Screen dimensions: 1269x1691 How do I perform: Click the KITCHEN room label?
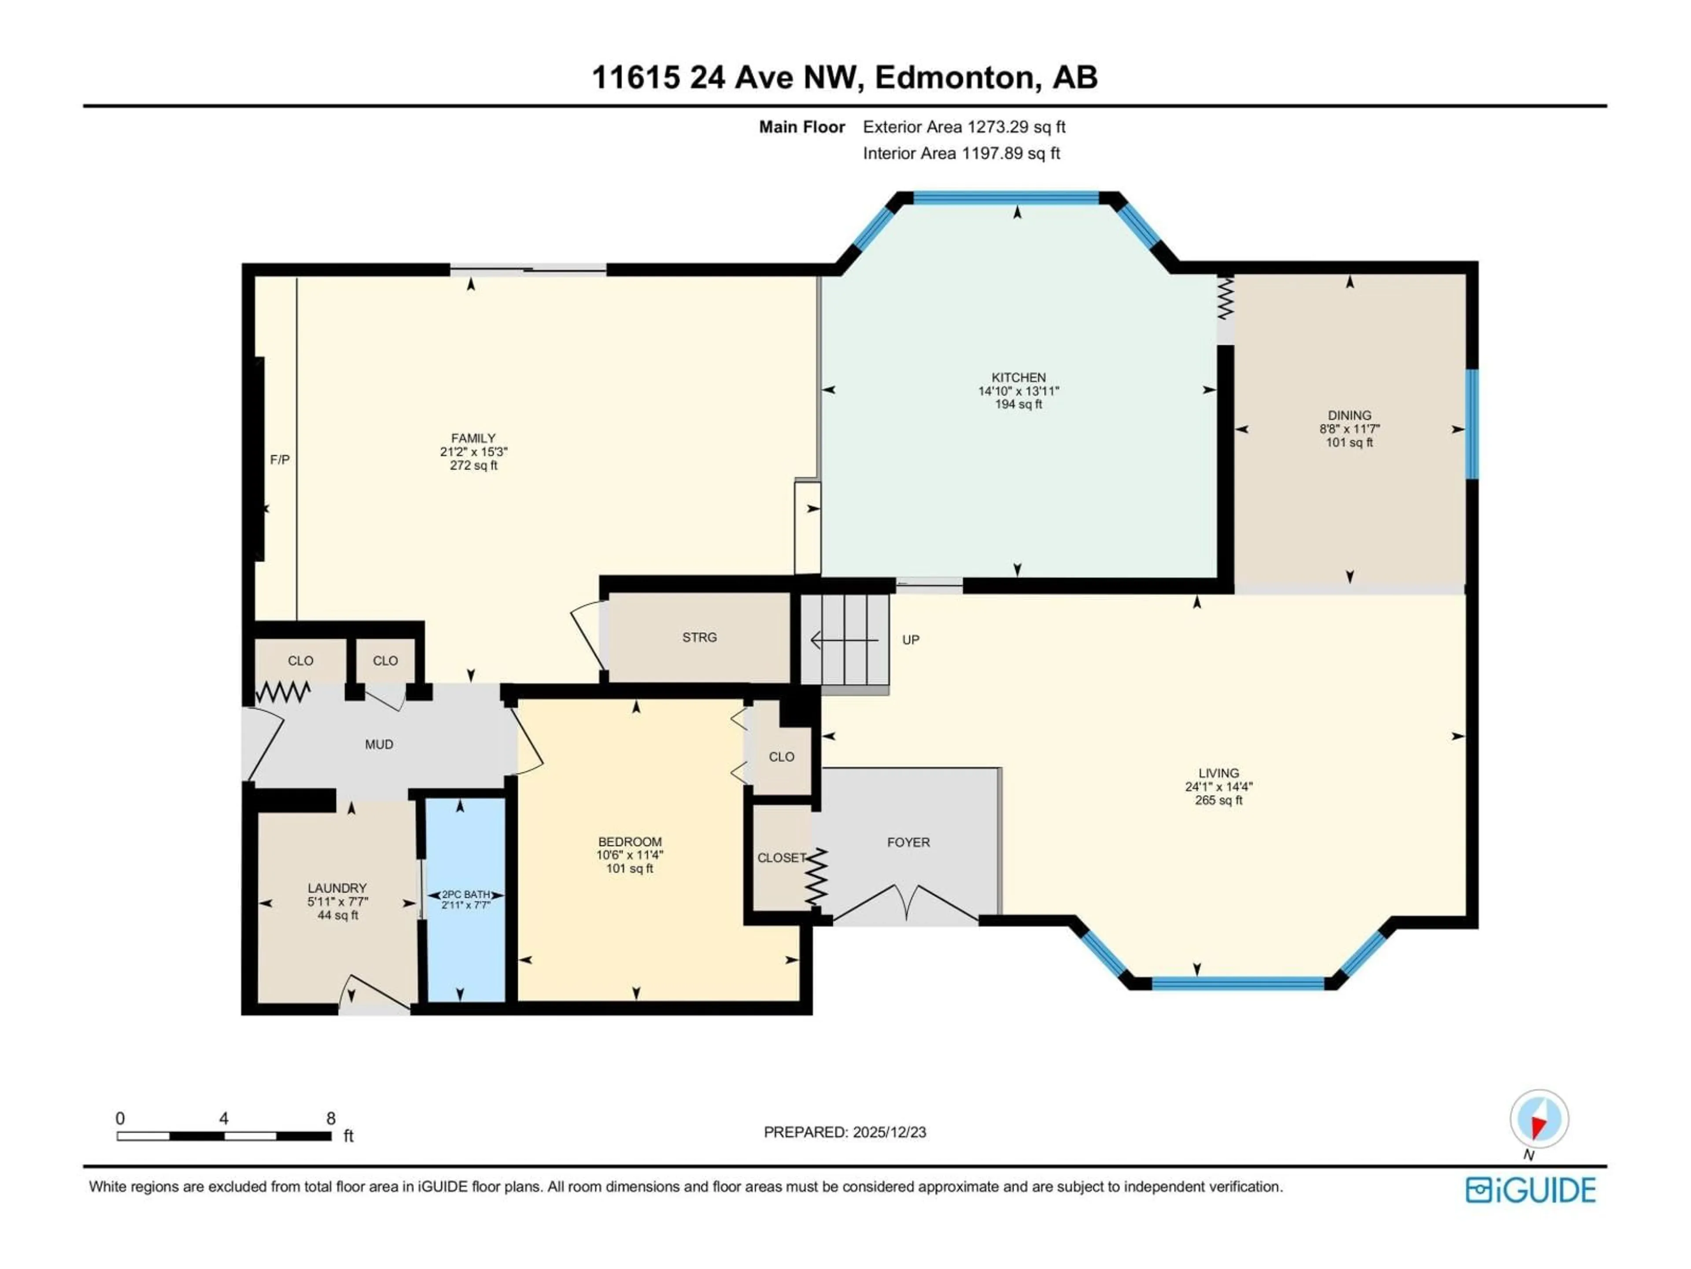tap(1018, 377)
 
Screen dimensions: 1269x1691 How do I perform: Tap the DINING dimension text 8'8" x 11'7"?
tap(1349, 429)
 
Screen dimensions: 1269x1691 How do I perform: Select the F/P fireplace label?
tap(280, 460)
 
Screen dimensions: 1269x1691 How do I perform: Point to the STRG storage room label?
tap(699, 637)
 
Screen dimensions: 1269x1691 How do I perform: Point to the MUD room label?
tap(379, 744)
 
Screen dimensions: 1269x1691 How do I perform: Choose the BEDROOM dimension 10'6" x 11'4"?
tap(630, 855)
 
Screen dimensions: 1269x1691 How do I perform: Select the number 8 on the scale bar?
tap(331, 1118)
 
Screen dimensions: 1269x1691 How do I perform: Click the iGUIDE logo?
tap(1530, 1190)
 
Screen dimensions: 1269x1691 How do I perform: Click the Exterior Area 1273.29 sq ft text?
tap(964, 127)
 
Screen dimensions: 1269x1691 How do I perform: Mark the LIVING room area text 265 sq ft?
tap(1218, 800)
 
